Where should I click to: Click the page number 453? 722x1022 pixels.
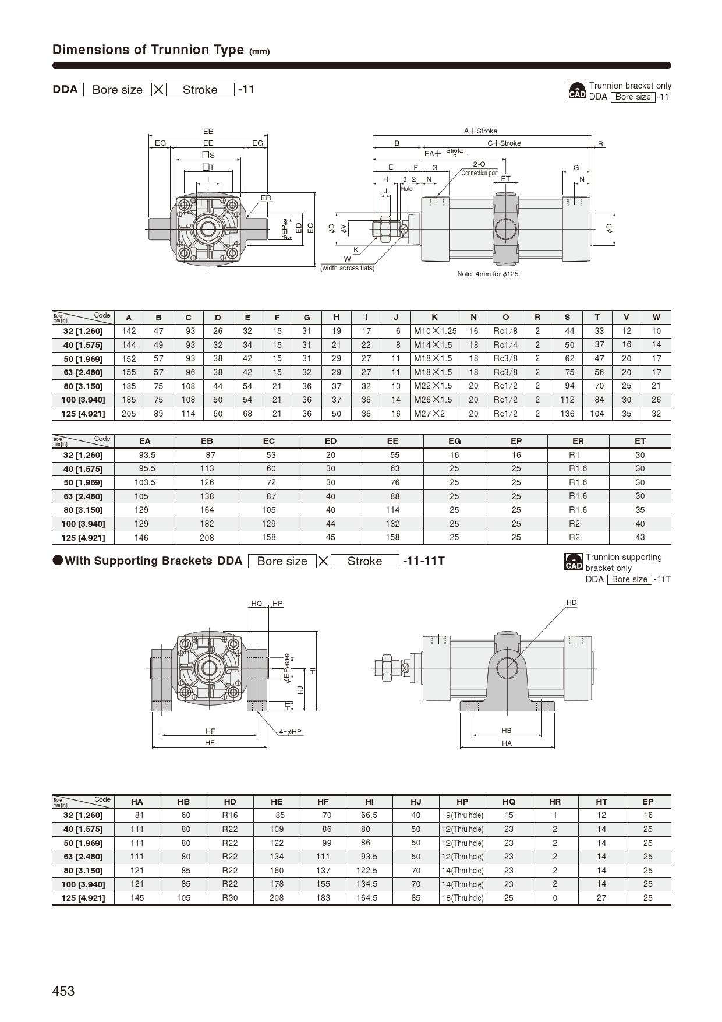click(63, 991)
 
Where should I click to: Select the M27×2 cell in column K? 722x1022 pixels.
click(429, 414)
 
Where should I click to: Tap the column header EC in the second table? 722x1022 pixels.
click(268, 442)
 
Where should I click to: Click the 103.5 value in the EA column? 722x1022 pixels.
click(145, 482)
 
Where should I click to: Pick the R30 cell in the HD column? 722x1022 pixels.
click(230, 898)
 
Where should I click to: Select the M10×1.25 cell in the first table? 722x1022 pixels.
click(435, 331)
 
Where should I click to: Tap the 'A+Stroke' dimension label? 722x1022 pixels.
click(480, 131)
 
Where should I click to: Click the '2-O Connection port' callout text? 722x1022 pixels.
click(479, 169)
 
